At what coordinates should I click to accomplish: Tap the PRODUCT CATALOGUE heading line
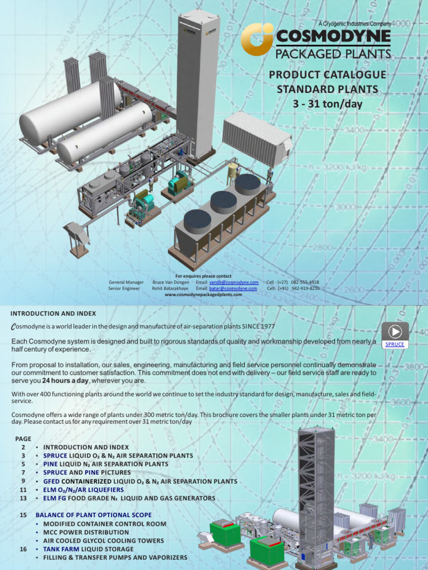[x=327, y=75]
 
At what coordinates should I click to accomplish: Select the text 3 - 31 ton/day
[x=327, y=103]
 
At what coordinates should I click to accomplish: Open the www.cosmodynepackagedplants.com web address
[x=203, y=295]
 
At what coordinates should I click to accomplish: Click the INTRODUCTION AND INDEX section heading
[x=53, y=313]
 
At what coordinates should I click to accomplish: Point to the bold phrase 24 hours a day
[x=66, y=381]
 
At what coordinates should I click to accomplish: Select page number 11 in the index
[x=23, y=489]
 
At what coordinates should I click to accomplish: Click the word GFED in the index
[x=51, y=481]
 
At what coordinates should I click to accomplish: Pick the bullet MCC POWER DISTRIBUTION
[x=86, y=532]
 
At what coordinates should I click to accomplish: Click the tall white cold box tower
[x=198, y=83]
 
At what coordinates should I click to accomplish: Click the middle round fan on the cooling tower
[x=223, y=202]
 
